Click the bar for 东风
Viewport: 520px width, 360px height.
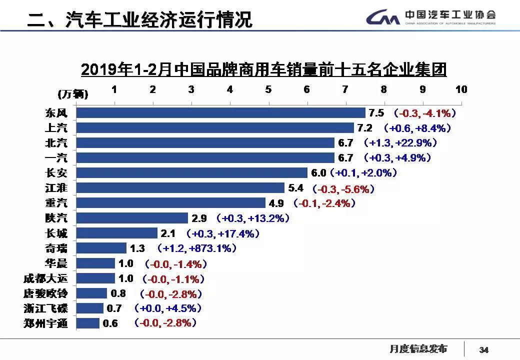click(x=220, y=113)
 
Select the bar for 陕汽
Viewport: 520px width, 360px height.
click(x=132, y=218)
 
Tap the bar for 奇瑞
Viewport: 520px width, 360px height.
click(x=101, y=248)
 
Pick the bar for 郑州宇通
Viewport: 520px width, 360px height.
click(x=87, y=323)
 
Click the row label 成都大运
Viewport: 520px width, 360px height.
click(x=46, y=278)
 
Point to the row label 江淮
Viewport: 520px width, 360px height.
click(x=56, y=188)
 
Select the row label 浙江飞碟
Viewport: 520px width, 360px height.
click(x=46, y=308)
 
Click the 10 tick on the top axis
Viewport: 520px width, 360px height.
click(x=461, y=89)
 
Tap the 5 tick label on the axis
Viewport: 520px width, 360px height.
click(x=268, y=89)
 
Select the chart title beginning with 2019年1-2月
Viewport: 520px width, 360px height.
click(x=263, y=69)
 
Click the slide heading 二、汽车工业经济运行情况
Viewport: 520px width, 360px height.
click(x=139, y=19)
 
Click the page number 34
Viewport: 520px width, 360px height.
click(x=483, y=349)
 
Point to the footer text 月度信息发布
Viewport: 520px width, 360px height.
click(x=418, y=348)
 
